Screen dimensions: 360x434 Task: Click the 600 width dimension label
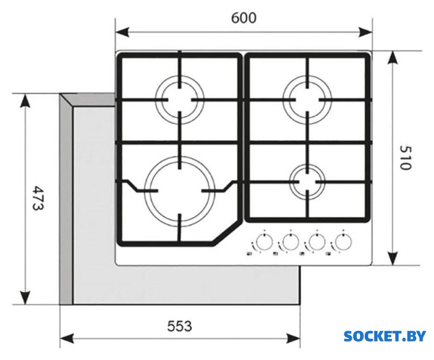coord(244,17)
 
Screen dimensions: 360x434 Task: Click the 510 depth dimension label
coord(406,158)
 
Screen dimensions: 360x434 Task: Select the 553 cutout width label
coord(180,326)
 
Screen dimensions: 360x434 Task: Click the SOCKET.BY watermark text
coord(384,336)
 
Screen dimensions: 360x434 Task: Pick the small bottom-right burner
coord(308,181)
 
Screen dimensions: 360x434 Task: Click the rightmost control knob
coord(342,242)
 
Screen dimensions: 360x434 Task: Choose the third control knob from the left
coord(316,242)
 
